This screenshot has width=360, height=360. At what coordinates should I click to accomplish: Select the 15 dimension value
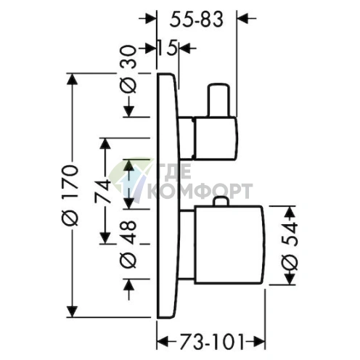click(168, 49)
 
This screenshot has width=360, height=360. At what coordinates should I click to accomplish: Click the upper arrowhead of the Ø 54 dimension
click(289, 212)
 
